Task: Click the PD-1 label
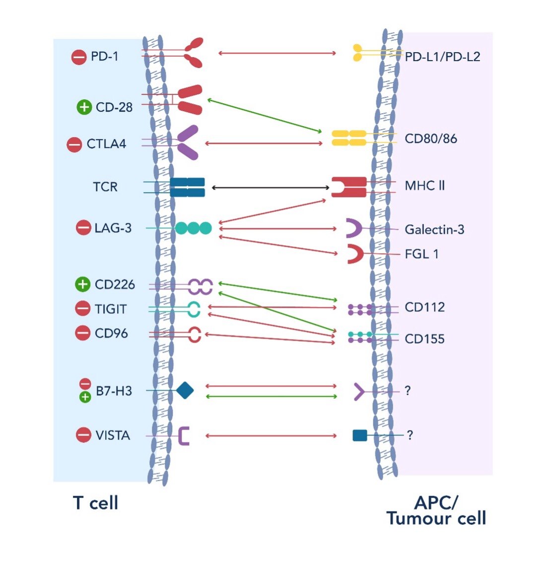pyautogui.click(x=104, y=57)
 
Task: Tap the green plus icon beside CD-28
pyautogui.click(x=84, y=107)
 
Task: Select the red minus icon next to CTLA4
pyautogui.click(x=74, y=144)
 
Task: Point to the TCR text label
pyautogui.click(x=105, y=187)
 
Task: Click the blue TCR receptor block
pyautogui.click(x=187, y=187)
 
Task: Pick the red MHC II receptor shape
pyautogui.click(x=349, y=187)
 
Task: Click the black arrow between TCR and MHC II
pyautogui.click(x=271, y=188)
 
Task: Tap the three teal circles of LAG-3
pyautogui.click(x=193, y=228)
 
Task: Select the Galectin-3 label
pyautogui.click(x=434, y=229)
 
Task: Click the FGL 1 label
pyautogui.click(x=421, y=254)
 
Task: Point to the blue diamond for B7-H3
pyautogui.click(x=185, y=390)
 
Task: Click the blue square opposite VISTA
pyautogui.click(x=359, y=435)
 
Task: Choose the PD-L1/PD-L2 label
pyautogui.click(x=442, y=57)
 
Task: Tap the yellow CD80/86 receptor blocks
pyautogui.click(x=349, y=138)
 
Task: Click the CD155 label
pyautogui.click(x=424, y=339)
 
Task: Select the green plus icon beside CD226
pyautogui.click(x=82, y=285)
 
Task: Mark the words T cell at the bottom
pyautogui.click(x=96, y=503)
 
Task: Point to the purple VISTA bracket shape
pyautogui.click(x=184, y=435)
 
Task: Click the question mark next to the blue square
pyautogui.click(x=409, y=435)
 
